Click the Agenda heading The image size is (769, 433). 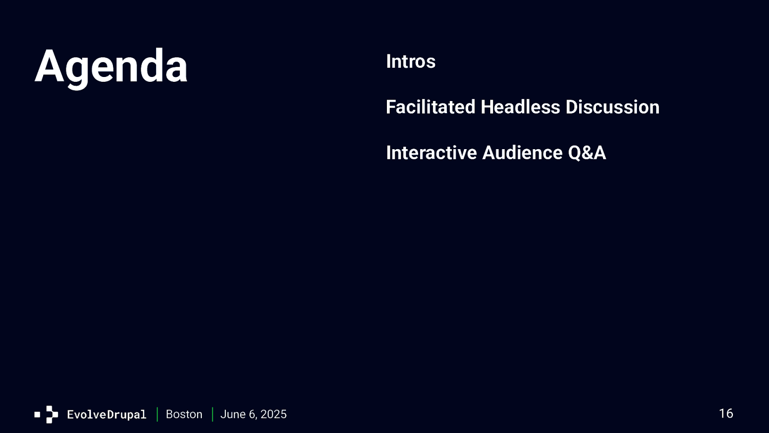[111, 67]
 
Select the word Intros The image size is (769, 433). [410, 62]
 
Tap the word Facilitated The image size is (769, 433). [431, 107]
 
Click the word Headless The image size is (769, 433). [521, 107]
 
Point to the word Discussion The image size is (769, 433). [612, 107]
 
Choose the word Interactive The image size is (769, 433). [432, 153]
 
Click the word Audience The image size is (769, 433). [522, 153]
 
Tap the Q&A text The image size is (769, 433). [587, 153]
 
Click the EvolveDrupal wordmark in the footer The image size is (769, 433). [107, 414]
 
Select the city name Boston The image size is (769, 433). [184, 414]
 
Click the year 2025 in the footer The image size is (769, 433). [273, 414]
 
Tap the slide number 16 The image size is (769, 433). [726, 413]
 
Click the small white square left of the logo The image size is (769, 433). [37, 414]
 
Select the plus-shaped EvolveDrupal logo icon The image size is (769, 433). [52, 414]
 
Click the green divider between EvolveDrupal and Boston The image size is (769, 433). [157, 414]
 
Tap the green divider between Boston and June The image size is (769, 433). [212, 414]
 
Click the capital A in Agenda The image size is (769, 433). [49, 65]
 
